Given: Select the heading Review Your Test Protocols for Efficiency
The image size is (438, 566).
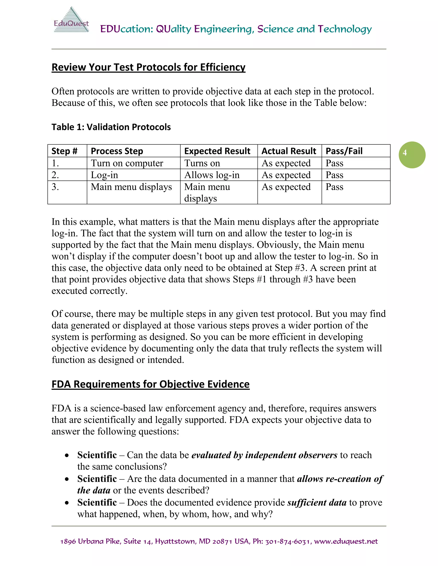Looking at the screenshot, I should point(148,67).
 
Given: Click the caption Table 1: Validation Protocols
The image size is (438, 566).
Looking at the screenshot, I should point(111,127).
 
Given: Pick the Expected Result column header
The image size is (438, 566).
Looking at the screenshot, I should point(217,151).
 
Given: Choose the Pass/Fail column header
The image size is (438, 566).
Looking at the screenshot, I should point(344,151).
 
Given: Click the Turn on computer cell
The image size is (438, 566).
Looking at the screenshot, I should point(127,163).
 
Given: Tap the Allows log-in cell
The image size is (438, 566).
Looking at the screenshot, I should point(212,175).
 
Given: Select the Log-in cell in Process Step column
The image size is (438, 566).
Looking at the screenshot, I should point(104,175).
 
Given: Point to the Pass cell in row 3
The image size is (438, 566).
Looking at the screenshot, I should point(334,187).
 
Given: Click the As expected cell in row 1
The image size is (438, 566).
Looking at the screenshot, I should point(286,163).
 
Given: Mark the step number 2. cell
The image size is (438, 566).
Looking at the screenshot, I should point(55,175).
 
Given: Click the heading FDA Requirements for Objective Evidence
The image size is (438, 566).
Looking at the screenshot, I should point(151,384).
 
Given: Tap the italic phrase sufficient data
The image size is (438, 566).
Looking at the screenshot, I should point(317,503).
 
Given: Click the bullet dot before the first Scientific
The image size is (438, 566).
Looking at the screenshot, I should point(67,455).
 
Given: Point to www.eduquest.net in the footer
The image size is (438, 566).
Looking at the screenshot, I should point(346,541).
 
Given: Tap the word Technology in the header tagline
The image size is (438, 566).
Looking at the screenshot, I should point(345,29).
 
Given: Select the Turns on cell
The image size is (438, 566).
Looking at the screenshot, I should point(202,163).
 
